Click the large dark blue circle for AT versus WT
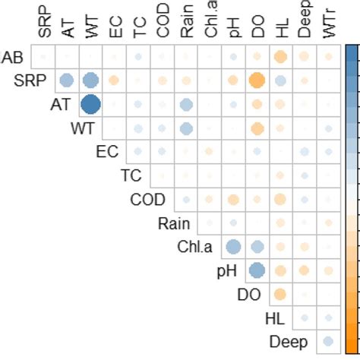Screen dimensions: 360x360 click(x=90, y=105)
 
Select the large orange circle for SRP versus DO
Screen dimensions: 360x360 click(x=257, y=81)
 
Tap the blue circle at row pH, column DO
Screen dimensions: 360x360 click(x=257, y=270)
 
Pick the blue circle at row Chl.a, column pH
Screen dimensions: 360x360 click(x=233, y=247)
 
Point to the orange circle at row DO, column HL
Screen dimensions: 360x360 click(x=280, y=294)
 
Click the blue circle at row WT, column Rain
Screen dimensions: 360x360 click(x=185, y=128)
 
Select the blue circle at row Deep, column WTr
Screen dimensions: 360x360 click(x=327, y=341)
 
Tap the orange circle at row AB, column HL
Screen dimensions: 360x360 click(x=280, y=57)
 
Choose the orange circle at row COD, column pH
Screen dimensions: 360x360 click(x=233, y=199)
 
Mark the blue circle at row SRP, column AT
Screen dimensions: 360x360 click(x=67, y=81)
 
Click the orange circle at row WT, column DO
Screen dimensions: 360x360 click(x=257, y=128)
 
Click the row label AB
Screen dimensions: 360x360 click(x=12, y=58)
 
